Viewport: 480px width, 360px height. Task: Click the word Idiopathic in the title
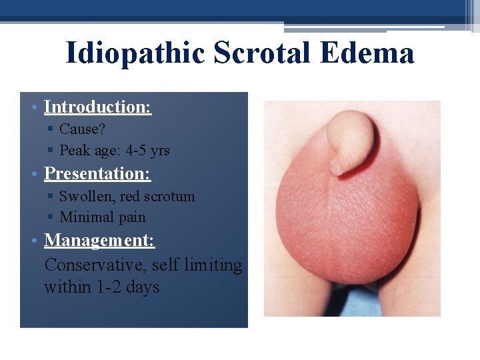[x=135, y=53]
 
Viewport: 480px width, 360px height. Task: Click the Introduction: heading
[x=97, y=107]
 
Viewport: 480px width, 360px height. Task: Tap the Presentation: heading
[x=97, y=174]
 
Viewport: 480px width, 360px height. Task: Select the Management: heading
[x=99, y=240]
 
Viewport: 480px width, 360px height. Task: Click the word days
[x=143, y=287]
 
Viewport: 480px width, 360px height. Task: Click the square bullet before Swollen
[x=51, y=197]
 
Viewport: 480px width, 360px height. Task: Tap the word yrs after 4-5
[x=160, y=151]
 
